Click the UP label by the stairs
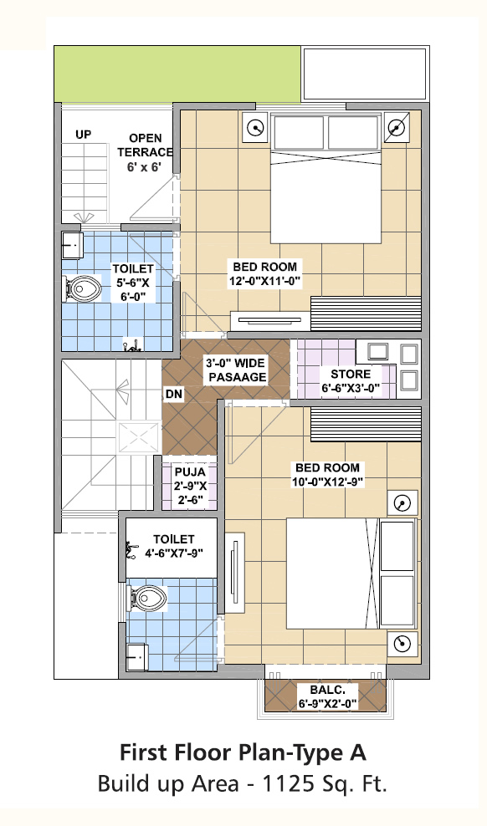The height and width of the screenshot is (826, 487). pos(83,135)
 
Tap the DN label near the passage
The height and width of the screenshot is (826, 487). pos(174,394)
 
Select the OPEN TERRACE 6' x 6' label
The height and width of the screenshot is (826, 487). pos(145,153)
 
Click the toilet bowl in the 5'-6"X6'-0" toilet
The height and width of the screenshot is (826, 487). pos(84,288)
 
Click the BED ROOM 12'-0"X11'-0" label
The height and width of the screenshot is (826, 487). pos(264,274)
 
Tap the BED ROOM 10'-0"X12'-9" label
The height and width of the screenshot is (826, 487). pos(327,475)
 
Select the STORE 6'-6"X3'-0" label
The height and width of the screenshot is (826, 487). pos(351,382)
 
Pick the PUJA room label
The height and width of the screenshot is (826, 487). pos(190,485)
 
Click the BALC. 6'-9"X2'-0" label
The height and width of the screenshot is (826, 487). pos(327,696)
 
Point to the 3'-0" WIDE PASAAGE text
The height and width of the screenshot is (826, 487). pos(237,370)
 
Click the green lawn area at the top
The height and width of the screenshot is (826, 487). pos(177,74)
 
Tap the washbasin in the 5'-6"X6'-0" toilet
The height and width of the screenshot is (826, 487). pos(72,245)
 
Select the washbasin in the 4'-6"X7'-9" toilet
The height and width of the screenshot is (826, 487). pos(137,657)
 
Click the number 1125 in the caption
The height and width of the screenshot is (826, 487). pos(285,784)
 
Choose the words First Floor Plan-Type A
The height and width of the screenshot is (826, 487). pos(243,752)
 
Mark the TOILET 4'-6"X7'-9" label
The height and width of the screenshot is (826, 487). pos(174,546)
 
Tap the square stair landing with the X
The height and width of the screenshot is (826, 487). pos(139,436)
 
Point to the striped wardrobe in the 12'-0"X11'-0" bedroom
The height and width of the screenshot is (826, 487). pos(366,314)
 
